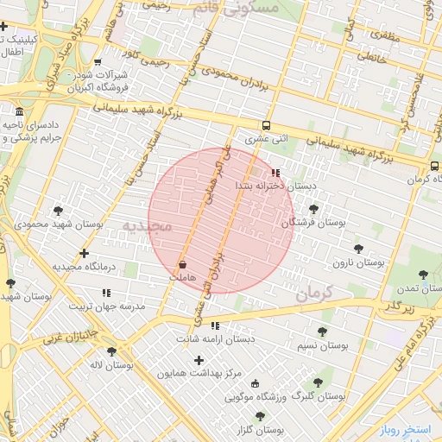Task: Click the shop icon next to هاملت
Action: click(182, 264)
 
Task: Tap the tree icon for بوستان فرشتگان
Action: click(313, 209)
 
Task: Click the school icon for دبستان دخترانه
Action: click(275, 172)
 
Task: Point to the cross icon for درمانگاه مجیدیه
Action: click(84, 253)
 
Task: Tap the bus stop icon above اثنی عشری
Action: click(266, 124)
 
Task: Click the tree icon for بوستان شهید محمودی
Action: click(58, 210)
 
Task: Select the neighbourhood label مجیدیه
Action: click(147, 226)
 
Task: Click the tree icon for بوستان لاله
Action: click(111, 351)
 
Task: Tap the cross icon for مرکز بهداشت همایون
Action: click(199, 360)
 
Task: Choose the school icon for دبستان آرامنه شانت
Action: click(214, 326)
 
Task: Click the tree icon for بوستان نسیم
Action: click(322, 331)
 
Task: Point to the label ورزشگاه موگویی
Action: click(258, 397)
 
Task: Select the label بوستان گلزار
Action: click(263, 429)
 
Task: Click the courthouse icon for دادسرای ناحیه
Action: click(20, 112)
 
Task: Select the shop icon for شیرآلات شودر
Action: click(97, 61)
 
